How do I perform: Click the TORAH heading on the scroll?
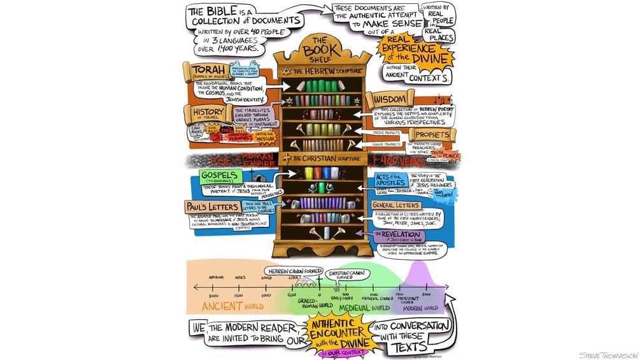pyautogui.click(x=202, y=69)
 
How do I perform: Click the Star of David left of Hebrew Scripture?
pyautogui.click(x=286, y=69)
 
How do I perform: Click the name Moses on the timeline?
pyautogui.click(x=241, y=278)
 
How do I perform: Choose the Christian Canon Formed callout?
pyautogui.click(x=348, y=274)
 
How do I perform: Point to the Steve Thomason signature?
pyautogui.click(x=605, y=355)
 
